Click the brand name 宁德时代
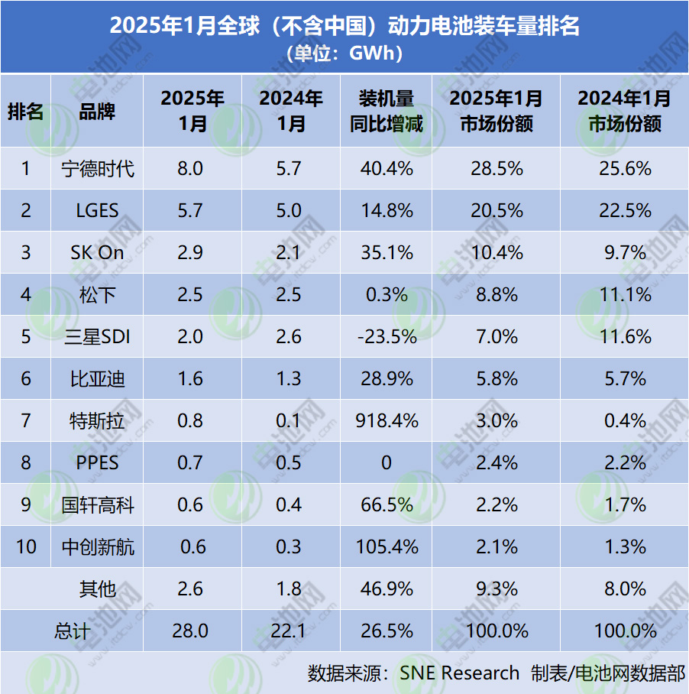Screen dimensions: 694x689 click(98, 168)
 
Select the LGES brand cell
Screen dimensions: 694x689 click(98, 210)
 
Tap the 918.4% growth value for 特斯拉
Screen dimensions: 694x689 click(387, 420)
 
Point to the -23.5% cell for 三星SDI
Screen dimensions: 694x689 click(387, 336)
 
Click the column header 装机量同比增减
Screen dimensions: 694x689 click(387, 111)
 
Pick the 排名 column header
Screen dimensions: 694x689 click(25, 111)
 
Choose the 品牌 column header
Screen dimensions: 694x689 click(98, 111)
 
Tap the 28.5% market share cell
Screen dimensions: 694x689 click(497, 168)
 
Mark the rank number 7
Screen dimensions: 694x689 click(25, 420)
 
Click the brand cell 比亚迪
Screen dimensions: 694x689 click(98, 378)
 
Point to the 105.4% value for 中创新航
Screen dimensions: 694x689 click(387, 547)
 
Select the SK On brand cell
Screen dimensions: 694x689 click(98, 252)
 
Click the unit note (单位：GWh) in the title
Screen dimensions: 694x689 click(344, 54)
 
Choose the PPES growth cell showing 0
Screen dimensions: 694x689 click(387, 462)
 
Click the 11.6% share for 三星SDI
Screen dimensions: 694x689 click(625, 336)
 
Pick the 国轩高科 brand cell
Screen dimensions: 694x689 click(98, 504)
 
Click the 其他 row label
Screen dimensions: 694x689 click(98, 589)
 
